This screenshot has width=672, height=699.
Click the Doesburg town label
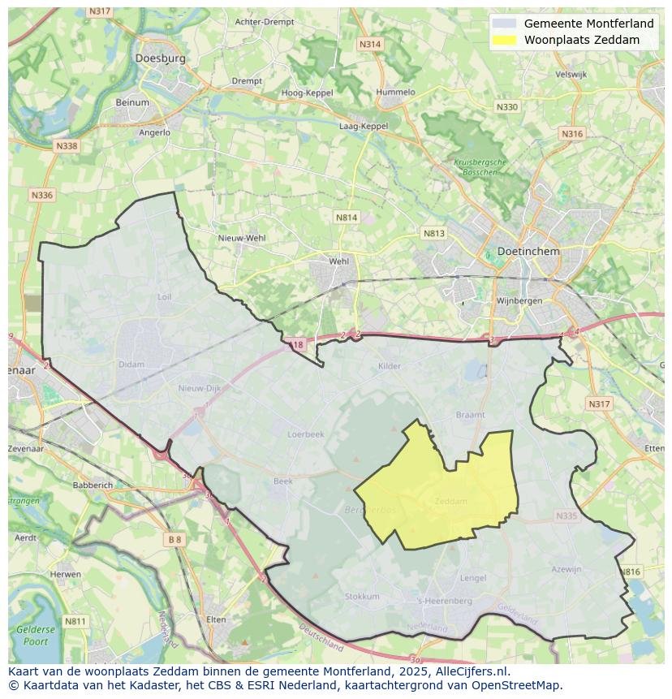pos(160,58)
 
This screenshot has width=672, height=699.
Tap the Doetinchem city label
pos(528,252)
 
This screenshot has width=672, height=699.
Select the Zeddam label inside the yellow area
pos(451,501)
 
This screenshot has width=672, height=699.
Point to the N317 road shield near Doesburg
pos(100,11)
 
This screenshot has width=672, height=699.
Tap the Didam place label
pos(131,365)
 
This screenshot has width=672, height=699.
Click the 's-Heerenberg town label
pos(444,601)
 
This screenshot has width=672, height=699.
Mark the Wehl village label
pos(338,261)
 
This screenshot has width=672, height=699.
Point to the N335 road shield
pos(566,516)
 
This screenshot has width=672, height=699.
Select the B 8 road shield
pos(175,539)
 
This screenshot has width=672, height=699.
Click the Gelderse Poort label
pos(36,635)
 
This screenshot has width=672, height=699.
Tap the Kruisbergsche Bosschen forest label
pos(480,167)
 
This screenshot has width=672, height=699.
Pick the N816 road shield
pos(630,572)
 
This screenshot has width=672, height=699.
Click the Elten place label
pos(216,619)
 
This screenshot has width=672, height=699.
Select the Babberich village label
pos(93,485)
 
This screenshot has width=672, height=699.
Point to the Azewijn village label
pos(566,569)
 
